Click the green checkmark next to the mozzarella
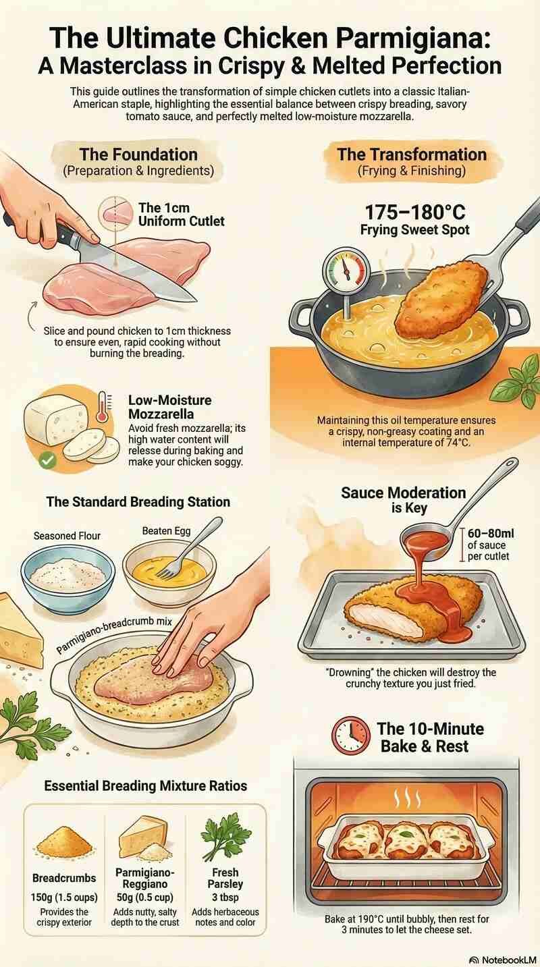pyautogui.click(x=47, y=461)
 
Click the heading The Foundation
pyautogui.click(x=138, y=155)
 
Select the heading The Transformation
pyautogui.click(x=411, y=155)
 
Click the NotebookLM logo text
pyautogui.click(x=504, y=959)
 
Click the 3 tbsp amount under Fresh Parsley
pyautogui.click(x=226, y=897)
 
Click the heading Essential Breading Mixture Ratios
pyautogui.click(x=145, y=785)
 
